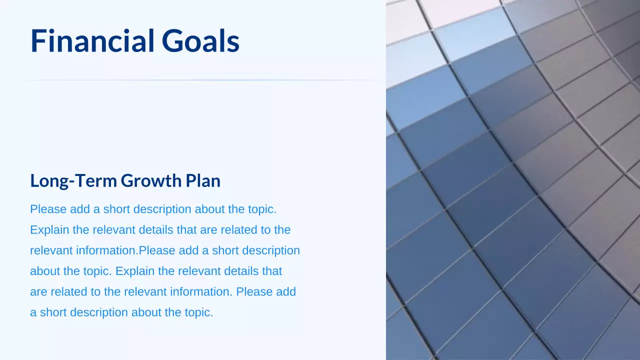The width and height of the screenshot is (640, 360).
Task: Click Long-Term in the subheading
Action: (x=73, y=180)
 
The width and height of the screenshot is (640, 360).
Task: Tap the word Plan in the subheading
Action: (x=203, y=180)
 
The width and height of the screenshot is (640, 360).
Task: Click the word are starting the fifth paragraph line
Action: (x=38, y=291)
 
